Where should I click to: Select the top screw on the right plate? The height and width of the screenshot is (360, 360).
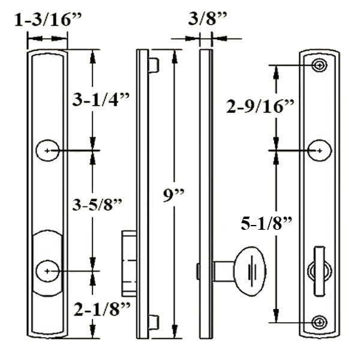[x=320, y=65]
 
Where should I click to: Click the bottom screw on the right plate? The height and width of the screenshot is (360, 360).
[x=320, y=322]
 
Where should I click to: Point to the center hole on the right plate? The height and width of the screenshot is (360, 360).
[x=320, y=150]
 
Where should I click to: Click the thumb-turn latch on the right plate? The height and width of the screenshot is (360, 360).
[x=319, y=272]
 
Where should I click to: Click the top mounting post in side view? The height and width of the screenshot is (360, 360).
[x=154, y=65]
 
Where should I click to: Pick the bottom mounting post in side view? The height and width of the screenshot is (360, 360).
[x=154, y=322]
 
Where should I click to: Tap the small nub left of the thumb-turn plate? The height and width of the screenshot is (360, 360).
[x=197, y=271]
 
